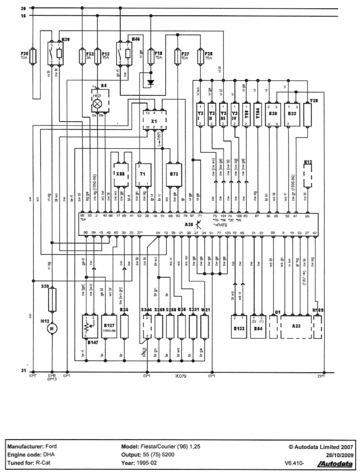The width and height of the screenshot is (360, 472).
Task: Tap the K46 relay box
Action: pyautogui.click(x=123, y=54)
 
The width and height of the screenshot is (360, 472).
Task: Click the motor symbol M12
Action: pyautogui.click(x=52, y=327)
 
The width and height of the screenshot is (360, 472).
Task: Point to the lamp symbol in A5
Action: pyautogui.click(x=97, y=103)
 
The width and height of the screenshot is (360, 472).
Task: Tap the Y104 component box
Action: pyautogui.click(x=258, y=115)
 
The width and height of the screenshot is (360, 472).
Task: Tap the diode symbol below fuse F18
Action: pyautogui.click(x=151, y=82)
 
